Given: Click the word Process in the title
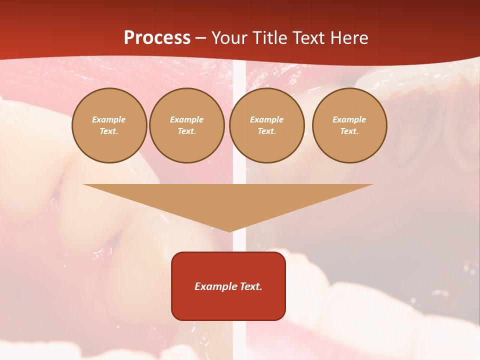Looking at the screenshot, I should pos(157,38).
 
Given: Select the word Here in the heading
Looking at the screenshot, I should pos(348,38).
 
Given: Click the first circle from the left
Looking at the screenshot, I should pos(109,125).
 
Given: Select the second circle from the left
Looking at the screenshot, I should pos(187,125).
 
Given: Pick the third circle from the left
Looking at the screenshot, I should pos(266,125).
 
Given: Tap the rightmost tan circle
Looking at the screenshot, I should pos(349,125).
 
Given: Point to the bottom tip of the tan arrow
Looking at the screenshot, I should pos(229,231).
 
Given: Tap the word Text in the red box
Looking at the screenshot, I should pos(250,286).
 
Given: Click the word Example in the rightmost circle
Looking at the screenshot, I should pos(349,119).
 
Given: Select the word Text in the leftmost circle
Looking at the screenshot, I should pos(109,131).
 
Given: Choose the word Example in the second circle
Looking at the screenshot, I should pos(187,119).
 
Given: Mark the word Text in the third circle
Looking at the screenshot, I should pos(266,131).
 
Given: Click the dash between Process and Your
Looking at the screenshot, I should pos(201,38).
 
